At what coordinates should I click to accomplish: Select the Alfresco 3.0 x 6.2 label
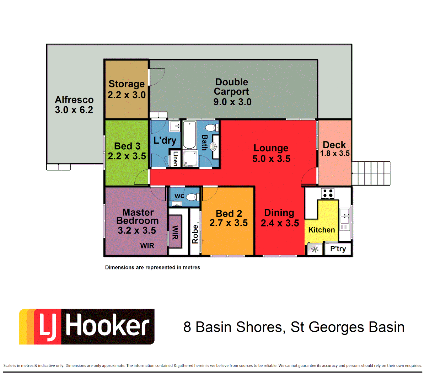pos(74,105)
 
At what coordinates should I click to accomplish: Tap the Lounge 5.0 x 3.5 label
pos(271,153)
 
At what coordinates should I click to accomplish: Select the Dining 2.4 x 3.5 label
pos(280,218)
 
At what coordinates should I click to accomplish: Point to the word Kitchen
pos(321,230)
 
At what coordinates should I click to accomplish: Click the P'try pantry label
pos(338,249)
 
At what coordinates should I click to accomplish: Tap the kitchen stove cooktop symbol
pos(327,193)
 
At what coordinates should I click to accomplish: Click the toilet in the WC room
pos(193,197)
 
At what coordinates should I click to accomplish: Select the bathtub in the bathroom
pos(189,135)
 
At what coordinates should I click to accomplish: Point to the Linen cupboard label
pos(175,159)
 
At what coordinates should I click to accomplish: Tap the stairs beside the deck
pos(371,173)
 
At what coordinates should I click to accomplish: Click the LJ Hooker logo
pos(87,326)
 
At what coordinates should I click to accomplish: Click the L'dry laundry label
pos(165,140)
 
